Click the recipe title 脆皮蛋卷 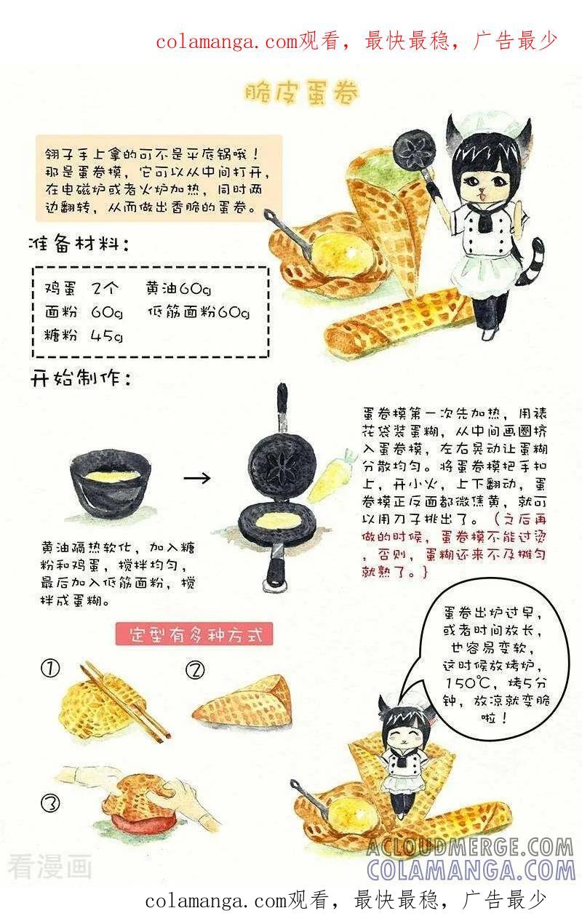300,92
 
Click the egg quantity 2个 105,288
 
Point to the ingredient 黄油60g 178,288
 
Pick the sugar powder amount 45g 107,335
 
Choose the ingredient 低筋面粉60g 199,312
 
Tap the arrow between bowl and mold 196,478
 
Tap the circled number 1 50,668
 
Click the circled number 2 195,670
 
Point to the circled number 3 51,802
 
